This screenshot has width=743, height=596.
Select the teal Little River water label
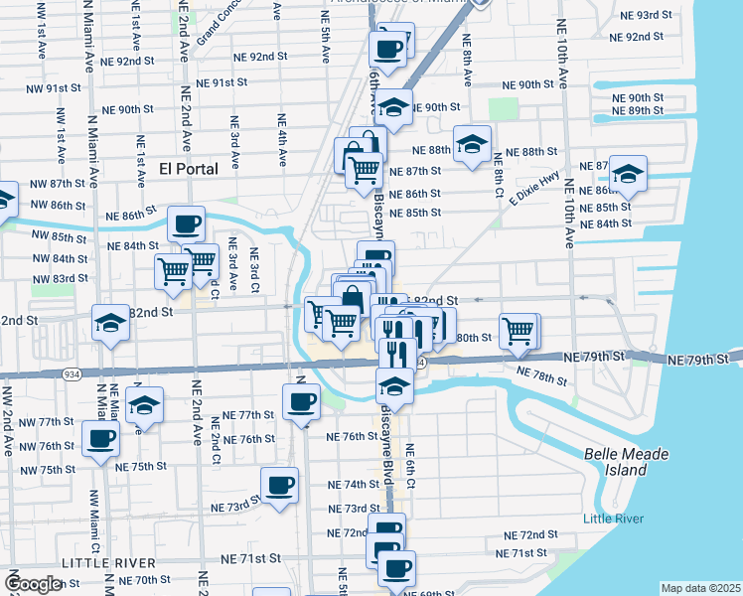(613, 519)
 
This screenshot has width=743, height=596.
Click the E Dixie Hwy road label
(531, 188)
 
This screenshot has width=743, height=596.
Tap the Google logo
(33, 584)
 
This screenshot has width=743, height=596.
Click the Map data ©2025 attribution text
(700, 588)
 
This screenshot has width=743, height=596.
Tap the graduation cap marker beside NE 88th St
(472, 142)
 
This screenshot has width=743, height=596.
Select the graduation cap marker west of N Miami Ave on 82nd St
(110, 321)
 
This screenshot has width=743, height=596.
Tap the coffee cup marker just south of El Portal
(186, 223)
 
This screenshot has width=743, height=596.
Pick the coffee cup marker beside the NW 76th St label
(99, 438)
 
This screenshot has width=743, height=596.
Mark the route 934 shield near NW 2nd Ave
(74, 372)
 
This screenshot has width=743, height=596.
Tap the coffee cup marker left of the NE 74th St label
(279, 485)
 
